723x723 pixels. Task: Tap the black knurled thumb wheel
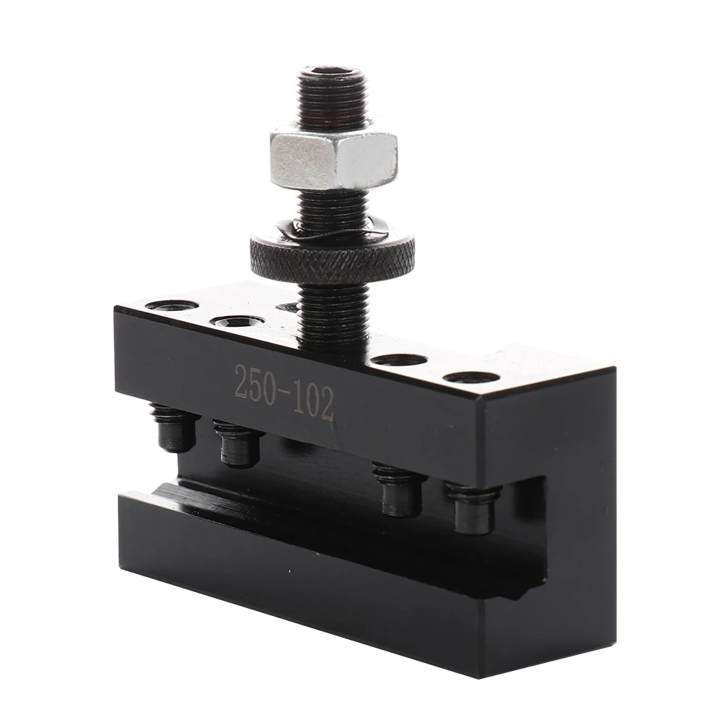pos(332,254)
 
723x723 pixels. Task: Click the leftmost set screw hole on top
pos(171,305)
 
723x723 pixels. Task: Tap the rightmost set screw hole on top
pos(471,378)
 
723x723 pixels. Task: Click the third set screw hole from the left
pos(400,360)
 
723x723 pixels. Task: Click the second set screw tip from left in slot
pos(239,443)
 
